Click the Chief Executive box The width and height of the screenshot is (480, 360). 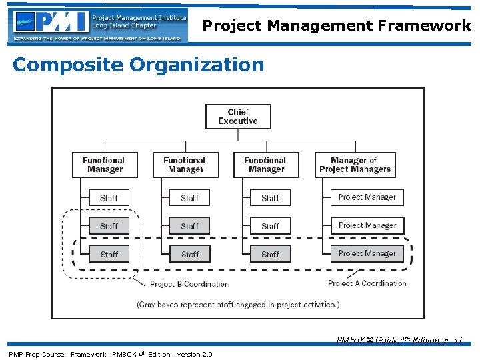[x=237, y=117]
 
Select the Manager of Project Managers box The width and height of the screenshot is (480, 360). [x=355, y=165]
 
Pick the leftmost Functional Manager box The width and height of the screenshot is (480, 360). [x=105, y=165]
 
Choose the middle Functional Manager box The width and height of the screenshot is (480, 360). [x=185, y=165]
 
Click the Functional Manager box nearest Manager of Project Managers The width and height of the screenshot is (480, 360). [x=265, y=165]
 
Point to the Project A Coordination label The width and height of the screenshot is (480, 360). [x=367, y=283]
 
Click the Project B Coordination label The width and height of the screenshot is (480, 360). [x=189, y=284]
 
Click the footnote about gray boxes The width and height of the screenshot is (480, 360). [x=238, y=305]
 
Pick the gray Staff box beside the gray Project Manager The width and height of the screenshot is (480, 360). [x=270, y=254]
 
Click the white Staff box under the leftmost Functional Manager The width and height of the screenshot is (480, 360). [x=109, y=198]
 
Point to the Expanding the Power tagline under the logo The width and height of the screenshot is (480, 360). [x=97, y=39]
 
